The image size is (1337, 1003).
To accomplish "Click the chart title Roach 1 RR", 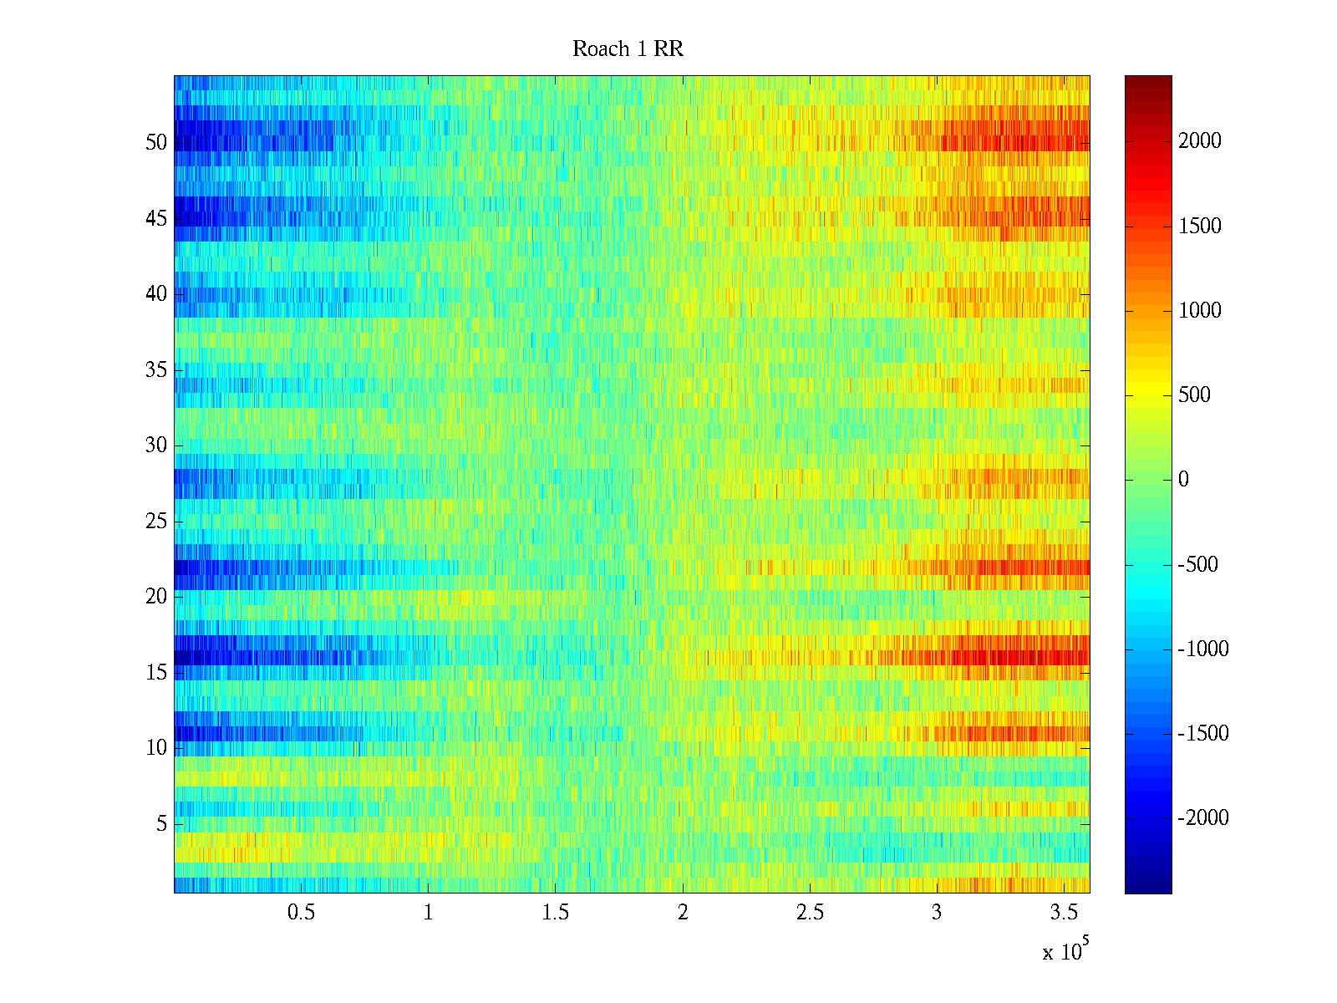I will [628, 49].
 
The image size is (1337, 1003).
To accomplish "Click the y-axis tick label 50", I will [156, 143].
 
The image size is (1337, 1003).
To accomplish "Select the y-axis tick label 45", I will [156, 219].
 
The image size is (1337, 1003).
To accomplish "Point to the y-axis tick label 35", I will [156, 370].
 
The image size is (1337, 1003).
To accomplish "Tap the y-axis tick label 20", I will [156, 597].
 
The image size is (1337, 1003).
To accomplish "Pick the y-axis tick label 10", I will [156, 748].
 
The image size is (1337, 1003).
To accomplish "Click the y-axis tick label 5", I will [161, 824].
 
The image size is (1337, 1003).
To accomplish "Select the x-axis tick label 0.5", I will [301, 913].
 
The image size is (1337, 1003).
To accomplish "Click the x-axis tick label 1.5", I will [555, 913].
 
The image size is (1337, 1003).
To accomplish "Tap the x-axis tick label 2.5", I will [810, 913].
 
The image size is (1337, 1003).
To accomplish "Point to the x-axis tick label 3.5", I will [1064, 913].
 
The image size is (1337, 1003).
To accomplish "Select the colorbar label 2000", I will [1200, 141].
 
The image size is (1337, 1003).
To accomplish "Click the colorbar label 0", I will [1183, 480].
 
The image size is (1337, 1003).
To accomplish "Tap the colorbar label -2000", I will [1203, 818].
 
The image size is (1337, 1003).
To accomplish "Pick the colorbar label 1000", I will [1200, 311].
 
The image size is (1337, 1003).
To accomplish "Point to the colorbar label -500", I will [1198, 565].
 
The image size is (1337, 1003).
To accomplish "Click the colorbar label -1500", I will [1203, 734].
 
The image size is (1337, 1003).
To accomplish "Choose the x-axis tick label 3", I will [937, 913].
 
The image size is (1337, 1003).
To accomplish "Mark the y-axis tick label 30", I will [156, 445].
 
